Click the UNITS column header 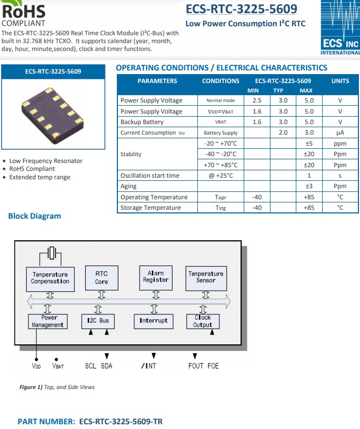[x=340, y=81]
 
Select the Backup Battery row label [x=142, y=122]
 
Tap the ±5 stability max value [x=309, y=144]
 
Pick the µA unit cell [x=340, y=133]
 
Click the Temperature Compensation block [x=50, y=278]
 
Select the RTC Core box [x=102, y=278]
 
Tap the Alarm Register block [x=156, y=277]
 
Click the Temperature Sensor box [x=206, y=277]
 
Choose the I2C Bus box [x=98, y=321]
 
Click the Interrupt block [x=154, y=321]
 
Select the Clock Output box [x=203, y=321]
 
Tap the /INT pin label [x=148, y=366]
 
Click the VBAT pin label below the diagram [x=58, y=366]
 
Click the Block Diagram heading [x=35, y=216]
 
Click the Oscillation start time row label [x=150, y=176]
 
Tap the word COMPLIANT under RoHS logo [x=23, y=23]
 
